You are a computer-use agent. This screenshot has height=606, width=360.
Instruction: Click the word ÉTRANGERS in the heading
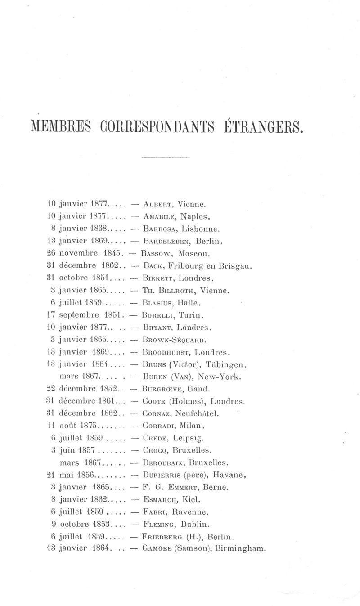pyautogui.click(x=261, y=126)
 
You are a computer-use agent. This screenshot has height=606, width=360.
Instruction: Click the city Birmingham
pyautogui.click(x=241, y=548)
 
